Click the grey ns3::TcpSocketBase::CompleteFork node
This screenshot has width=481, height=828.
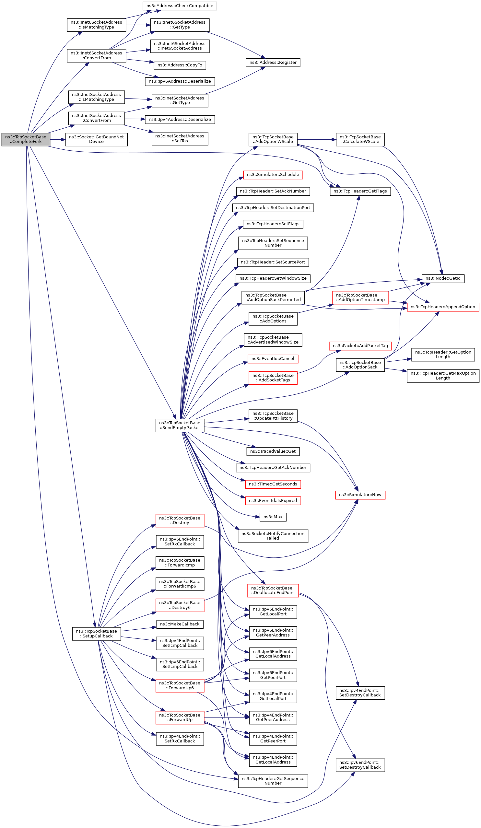point(26,139)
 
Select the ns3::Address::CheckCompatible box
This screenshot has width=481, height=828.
point(180,6)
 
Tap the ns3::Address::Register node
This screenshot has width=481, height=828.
point(273,63)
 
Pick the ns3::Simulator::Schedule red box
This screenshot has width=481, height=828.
point(273,175)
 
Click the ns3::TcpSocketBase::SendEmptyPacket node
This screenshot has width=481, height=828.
point(180,425)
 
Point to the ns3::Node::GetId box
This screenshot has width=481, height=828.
point(442,278)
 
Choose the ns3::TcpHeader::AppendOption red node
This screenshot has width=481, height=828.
point(442,307)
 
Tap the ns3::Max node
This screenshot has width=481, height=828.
point(273,517)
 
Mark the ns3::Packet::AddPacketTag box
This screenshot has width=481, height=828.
point(360,346)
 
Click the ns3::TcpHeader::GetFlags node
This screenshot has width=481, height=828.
point(360,191)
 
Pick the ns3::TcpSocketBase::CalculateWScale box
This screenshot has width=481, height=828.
point(360,139)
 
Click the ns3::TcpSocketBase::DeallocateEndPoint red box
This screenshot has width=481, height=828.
point(273,590)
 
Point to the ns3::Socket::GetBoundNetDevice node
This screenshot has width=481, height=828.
point(96,139)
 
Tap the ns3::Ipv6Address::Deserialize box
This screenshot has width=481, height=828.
point(180,81)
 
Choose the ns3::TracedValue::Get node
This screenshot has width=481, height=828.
point(273,451)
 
